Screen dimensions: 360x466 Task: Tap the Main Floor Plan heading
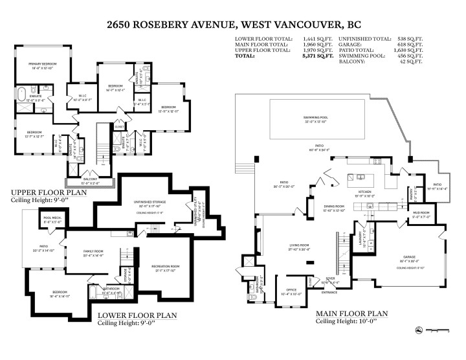coord(351,313)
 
